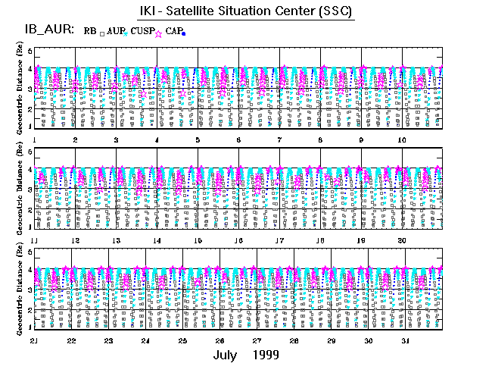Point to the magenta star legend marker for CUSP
coord(158,33)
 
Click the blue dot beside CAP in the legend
coord(184,33)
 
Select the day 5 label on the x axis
coord(198,140)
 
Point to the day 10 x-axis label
coord(402,140)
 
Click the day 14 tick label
coord(157,240)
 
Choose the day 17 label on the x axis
coord(279,240)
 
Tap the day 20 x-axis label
coord(402,240)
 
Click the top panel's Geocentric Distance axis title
coord(18,90)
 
